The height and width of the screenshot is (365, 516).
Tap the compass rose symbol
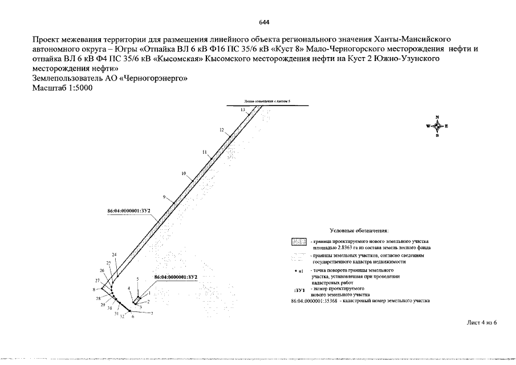(437, 127)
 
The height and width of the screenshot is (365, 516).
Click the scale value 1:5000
(77, 88)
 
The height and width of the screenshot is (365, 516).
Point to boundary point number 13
(242, 109)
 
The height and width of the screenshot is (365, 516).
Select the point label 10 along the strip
(183, 173)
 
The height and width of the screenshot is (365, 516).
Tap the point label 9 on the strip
(164, 197)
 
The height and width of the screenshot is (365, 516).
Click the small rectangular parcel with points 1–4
(137, 299)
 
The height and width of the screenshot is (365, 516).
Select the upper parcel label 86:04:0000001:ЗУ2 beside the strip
(129, 212)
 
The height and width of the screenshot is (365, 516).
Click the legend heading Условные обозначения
(359, 230)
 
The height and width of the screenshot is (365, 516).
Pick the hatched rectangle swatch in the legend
(299, 242)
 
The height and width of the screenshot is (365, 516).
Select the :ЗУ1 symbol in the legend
(298, 290)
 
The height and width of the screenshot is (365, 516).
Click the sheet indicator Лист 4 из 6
(482, 323)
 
